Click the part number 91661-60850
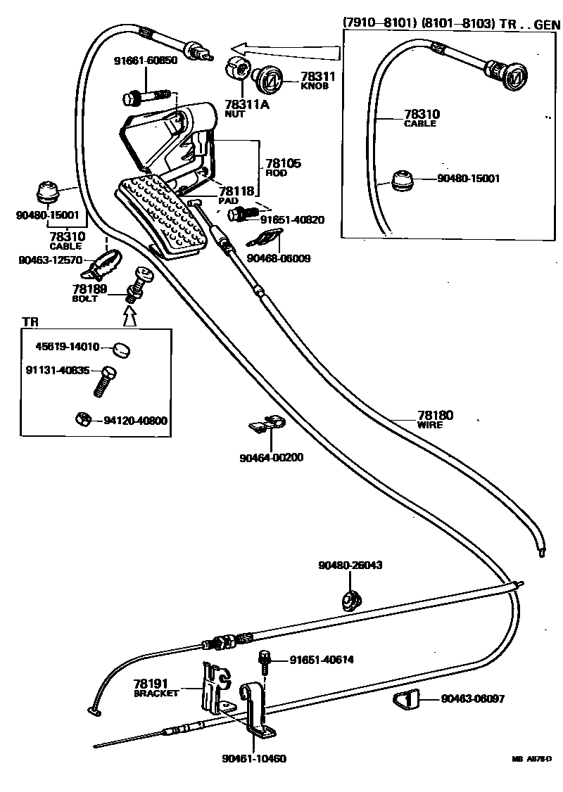coord(146,61)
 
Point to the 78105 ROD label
coord(283,167)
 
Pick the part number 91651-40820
coord(292,219)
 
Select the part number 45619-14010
coord(68,346)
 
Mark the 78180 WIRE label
coord(435,420)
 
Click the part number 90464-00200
coord(271,457)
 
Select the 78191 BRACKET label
coord(156,687)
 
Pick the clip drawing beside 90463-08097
coord(406,700)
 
